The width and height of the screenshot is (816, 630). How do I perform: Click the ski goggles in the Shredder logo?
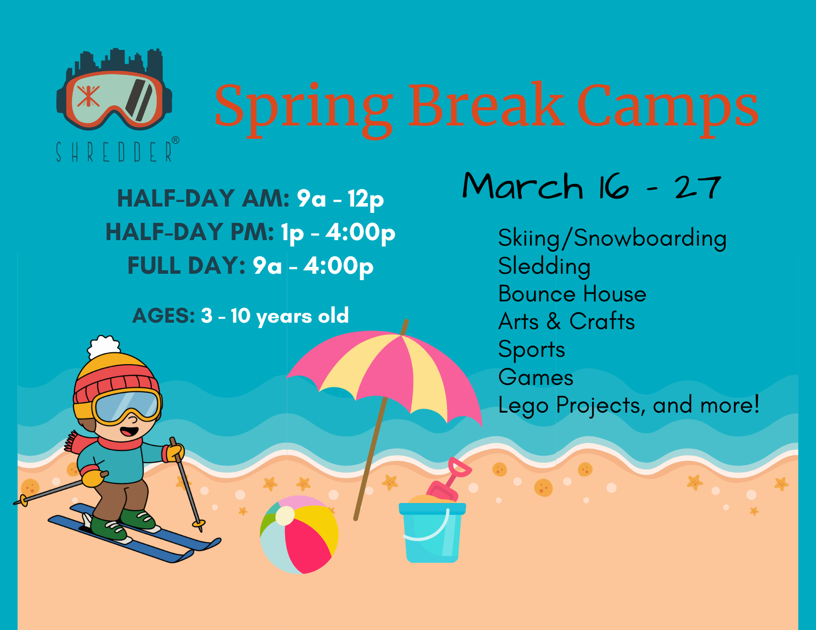[114, 99]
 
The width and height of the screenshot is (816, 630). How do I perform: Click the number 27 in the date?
[698, 187]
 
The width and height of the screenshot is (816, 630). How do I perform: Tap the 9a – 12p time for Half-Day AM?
[340, 199]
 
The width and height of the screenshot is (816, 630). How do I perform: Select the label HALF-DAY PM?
[189, 232]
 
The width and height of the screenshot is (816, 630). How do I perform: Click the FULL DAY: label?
[186, 266]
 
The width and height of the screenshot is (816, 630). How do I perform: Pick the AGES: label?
[163, 316]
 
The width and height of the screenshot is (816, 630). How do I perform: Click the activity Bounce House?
[572, 294]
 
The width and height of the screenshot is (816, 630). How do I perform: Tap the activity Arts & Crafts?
[566, 322]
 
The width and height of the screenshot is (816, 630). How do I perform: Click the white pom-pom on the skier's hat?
[104, 347]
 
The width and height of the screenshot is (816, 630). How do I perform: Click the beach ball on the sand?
[299, 535]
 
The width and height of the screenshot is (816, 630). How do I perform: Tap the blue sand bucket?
[432, 533]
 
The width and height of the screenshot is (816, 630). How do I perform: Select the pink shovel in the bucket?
[449, 479]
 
